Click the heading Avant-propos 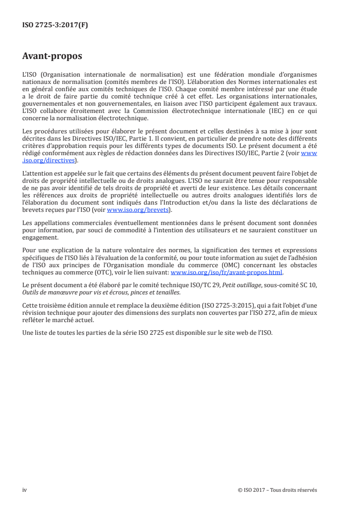pyautogui.click(x=52, y=56)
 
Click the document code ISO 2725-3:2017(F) pyautogui.click(x=55, y=25)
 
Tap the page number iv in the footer pyautogui.click(x=25, y=489)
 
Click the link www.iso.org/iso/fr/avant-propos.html pyautogui.click(x=226, y=273)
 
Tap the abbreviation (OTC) pyautogui.click(x=99, y=273)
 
